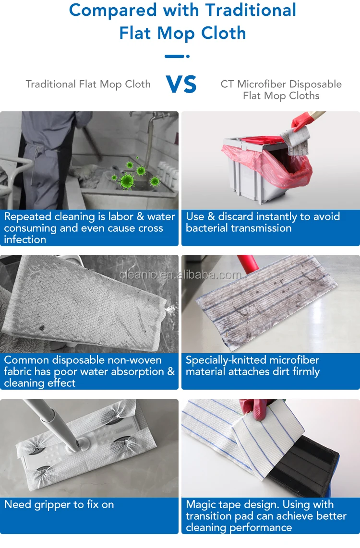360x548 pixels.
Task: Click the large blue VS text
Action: [181, 85]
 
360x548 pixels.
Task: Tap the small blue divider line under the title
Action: [177, 56]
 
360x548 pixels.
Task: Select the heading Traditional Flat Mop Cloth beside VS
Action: [88, 84]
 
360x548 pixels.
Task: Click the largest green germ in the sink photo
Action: [127, 181]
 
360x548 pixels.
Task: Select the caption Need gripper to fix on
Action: [59, 504]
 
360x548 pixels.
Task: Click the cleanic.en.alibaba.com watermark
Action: [180, 275]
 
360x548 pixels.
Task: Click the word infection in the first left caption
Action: [25, 239]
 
